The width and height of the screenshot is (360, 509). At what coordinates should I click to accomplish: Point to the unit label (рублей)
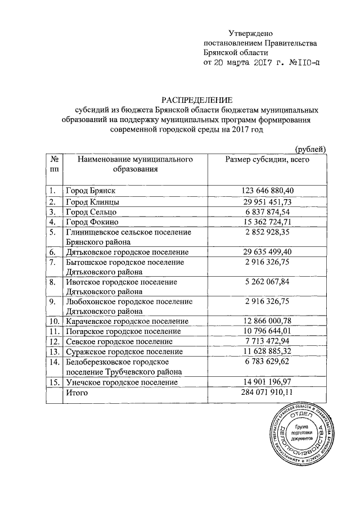pyautogui.click(x=310, y=149)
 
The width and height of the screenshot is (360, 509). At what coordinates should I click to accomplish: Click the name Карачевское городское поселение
pyautogui.click(x=127, y=321)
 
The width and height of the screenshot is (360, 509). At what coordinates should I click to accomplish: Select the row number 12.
pyautogui.click(x=54, y=341)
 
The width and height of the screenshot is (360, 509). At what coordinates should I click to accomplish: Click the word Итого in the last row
pyautogui.click(x=77, y=393)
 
